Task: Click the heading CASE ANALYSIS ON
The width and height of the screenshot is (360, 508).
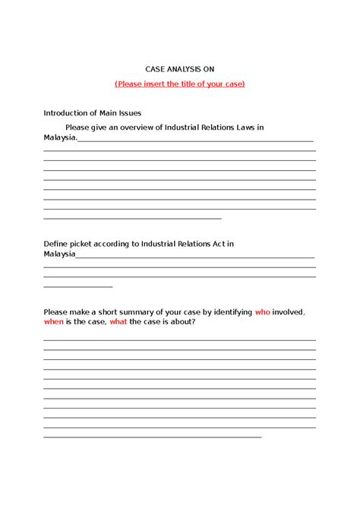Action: click(179, 68)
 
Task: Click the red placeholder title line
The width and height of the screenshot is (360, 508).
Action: click(179, 83)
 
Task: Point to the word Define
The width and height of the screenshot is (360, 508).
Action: click(56, 244)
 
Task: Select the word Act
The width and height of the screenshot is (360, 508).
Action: click(218, 244)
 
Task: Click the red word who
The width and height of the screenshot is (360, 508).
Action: click(262, 312)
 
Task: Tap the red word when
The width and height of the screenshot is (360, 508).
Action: click(55, 322)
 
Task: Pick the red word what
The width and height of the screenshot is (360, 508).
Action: click(118, 322)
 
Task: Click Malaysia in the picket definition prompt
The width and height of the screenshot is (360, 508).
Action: click(59, 254)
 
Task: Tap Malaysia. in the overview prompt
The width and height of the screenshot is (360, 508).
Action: click(60, 137)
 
